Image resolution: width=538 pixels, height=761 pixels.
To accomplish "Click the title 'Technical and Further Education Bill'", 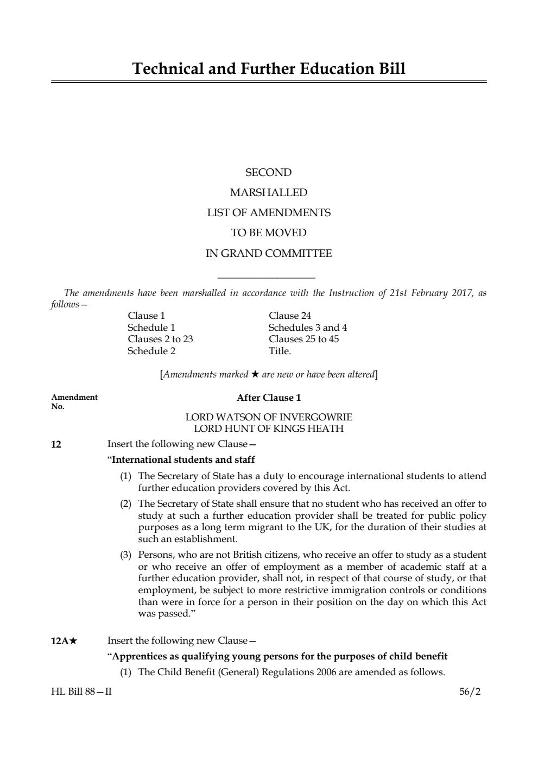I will (269, 69).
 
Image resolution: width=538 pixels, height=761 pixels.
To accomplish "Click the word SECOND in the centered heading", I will (268, 173).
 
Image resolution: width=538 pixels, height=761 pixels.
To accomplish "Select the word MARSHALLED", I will (268, 193).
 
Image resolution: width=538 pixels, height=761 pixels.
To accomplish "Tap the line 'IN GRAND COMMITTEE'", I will (268, 254).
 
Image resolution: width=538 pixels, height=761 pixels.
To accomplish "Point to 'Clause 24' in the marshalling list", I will (290, 316).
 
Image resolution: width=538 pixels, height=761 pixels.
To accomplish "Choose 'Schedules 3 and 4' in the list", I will (307, 328).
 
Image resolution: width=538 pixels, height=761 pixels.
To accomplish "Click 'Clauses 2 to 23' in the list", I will (160, 339).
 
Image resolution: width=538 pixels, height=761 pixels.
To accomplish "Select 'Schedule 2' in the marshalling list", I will (151, 351).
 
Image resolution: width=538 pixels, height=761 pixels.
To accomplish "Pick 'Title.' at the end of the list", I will (280, 351).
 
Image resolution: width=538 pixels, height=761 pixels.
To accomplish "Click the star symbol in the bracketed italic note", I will (255, 374).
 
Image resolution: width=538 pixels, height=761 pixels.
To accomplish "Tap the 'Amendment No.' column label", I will (74, 401).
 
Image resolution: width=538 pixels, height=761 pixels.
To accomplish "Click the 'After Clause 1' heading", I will (269, 398).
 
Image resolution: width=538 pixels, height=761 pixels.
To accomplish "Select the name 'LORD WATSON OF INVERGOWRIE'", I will (269, 417).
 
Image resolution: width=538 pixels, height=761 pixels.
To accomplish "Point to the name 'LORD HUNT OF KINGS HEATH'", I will (269, 429).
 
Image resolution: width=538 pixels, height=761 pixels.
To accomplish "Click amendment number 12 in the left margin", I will (56, 445).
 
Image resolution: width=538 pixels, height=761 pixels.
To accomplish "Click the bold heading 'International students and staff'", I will (183, 460).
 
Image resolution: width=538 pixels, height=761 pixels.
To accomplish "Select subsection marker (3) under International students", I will (125, 555).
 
